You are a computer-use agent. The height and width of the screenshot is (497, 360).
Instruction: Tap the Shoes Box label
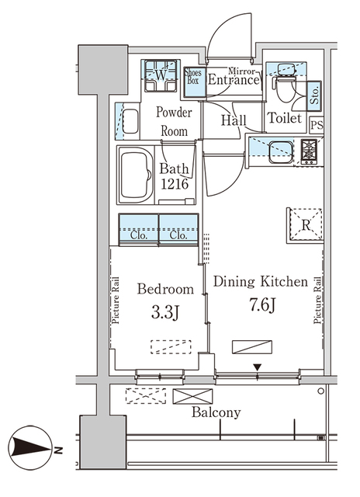[194, 76]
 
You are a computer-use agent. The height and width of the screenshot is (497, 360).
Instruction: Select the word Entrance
[233, 78]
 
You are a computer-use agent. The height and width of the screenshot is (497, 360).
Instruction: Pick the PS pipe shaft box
[316, 124]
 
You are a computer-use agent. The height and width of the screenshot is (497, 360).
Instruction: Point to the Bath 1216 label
[175, 176]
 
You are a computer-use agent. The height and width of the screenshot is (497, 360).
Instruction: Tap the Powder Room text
[173, 121]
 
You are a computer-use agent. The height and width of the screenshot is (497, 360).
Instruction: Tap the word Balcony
[216, 413]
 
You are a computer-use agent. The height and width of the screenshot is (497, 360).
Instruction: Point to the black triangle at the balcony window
[259, 367]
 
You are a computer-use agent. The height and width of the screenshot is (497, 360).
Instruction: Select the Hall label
[234, 120]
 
